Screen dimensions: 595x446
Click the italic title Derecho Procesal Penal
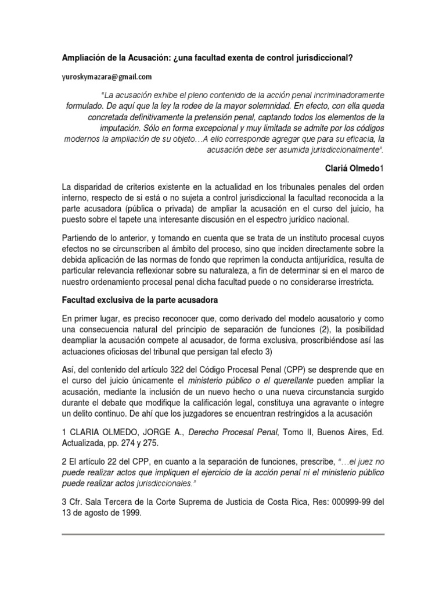coord(231,433)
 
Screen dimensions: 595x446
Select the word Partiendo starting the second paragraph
coord(81,240)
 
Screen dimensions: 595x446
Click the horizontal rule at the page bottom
coord(223,534)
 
